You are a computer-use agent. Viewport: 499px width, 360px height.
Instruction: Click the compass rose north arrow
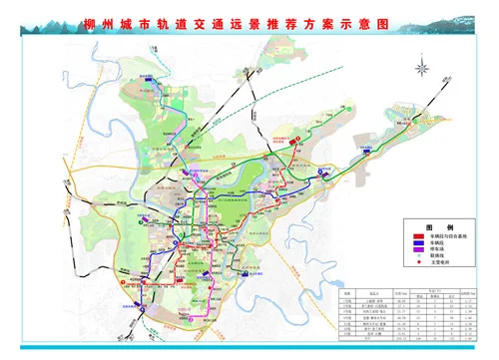424,70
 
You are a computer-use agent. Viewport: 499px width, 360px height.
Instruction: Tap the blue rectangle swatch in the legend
418,241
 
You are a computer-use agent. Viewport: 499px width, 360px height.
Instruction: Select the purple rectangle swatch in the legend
418,249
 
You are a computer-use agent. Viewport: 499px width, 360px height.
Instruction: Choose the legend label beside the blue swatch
438,241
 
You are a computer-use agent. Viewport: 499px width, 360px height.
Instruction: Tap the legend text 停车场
438,249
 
